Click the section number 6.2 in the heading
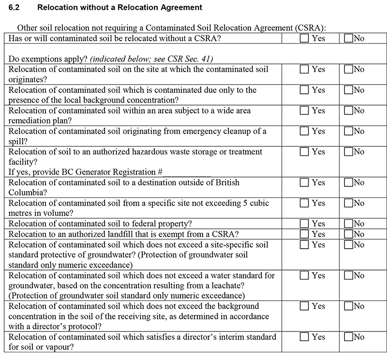(x=15, y=8)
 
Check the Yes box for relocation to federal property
(x=304, y=224)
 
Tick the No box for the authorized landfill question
(x=348, y=234)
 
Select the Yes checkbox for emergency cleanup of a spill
(x=304, y=132)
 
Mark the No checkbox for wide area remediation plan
(x=348, y=111)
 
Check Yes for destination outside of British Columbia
(x=304, y=183)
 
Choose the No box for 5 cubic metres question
(x=348, y=203)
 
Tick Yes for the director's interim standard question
(x=304, y=337)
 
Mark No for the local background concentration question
(x=348, y=90)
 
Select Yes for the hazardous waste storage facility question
(x=304, y=152)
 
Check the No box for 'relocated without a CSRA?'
(x=348, y=38)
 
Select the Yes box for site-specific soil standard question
(x=304, y=244)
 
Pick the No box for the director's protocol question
(x=348, y=306)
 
